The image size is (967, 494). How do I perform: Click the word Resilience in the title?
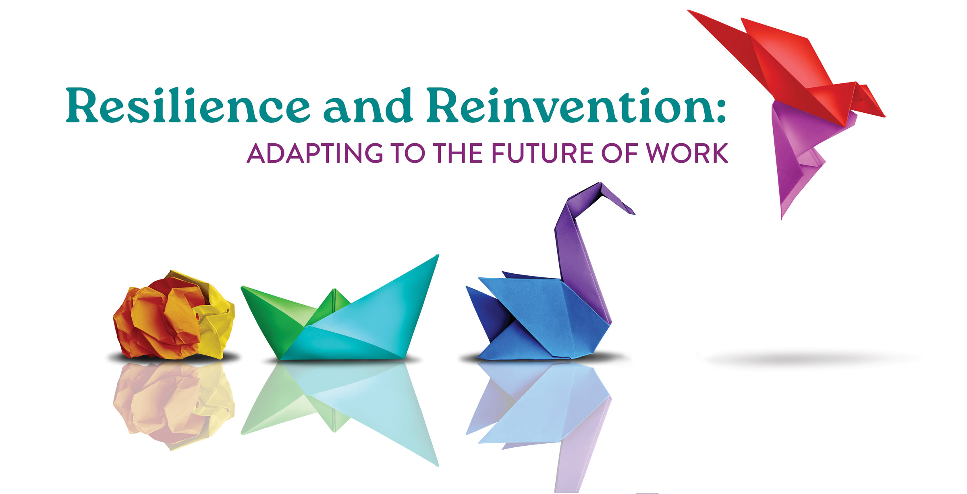click(188, 105)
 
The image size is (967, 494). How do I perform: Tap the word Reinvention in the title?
click(564, 105)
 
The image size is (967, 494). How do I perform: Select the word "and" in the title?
click(368, 105)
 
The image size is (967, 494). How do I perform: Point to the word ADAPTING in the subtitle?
click(315, 153)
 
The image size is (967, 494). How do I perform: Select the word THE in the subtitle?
click(458, 153)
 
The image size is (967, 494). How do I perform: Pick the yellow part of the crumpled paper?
click(216, 322)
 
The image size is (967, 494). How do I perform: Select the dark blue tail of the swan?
click(483, 310)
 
